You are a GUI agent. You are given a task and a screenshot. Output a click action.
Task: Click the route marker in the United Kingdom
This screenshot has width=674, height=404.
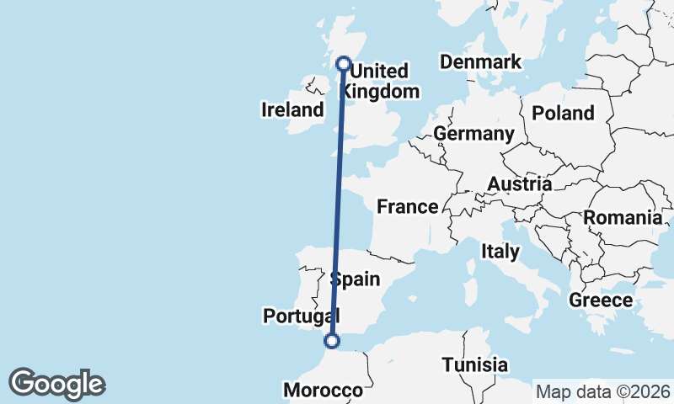point(344,63)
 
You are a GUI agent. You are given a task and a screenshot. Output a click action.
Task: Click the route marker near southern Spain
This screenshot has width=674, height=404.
point(332,341)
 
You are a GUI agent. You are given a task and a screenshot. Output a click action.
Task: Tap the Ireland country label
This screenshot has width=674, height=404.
point(292,109)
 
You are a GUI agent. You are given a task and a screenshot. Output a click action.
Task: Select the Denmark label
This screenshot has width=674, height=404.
point(480,61)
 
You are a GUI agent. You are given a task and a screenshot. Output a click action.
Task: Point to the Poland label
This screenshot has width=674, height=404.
point(563,113)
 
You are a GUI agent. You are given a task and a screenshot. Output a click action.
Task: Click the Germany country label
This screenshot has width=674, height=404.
point(473,134)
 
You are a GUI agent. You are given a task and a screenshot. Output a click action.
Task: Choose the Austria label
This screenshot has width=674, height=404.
point(520,183)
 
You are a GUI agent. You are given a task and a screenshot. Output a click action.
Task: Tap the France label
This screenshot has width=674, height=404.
point(407,206)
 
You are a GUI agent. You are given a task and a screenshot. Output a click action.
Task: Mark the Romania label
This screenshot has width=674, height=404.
point(623,218)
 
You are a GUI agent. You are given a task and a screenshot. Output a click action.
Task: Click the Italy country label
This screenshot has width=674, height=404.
point(500,250)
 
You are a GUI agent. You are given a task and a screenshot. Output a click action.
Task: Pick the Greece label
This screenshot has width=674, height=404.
point(601,300)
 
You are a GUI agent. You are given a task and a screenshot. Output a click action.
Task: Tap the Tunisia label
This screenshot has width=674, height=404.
point(475,364)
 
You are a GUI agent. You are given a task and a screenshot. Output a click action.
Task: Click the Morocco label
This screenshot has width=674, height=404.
point(323,391)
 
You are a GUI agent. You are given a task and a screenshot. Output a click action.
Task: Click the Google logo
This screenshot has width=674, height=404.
point(56,384)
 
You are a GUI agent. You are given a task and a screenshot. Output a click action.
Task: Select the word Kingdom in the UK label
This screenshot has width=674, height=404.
point(383,91)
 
